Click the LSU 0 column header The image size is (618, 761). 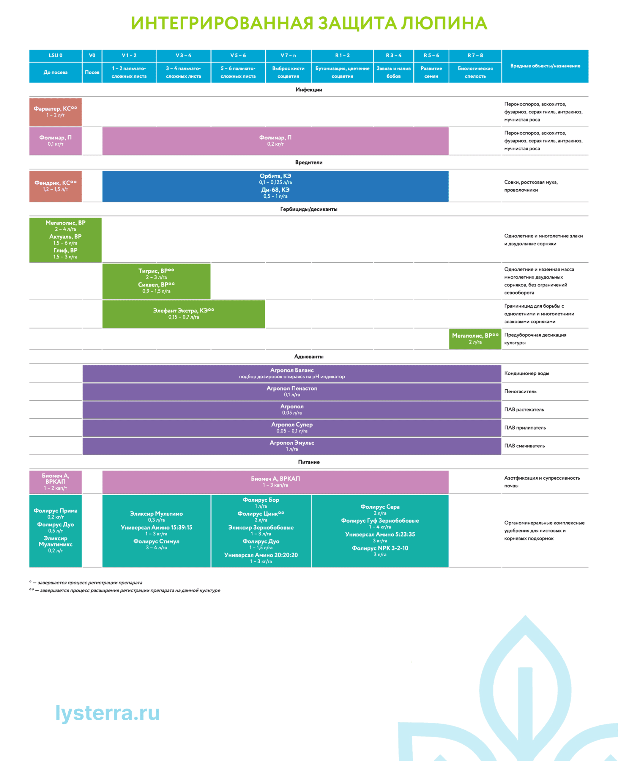tap(56, 56)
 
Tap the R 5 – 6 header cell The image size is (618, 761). tap(431, 56)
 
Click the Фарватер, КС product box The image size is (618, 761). tap(56, 112)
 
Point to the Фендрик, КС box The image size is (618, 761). tap(56, 186)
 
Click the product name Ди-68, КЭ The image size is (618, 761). tap(275, 190)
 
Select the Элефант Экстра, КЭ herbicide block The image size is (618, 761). tap(183, 314)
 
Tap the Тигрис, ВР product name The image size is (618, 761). tap(156, 271)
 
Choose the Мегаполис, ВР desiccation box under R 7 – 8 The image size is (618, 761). tap(475, 339)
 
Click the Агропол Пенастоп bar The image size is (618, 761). tap(291, 391)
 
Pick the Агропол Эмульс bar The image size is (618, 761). tap(291, 446)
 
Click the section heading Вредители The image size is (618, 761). tap(309, 162)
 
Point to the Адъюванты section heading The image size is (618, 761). tap(309, 356)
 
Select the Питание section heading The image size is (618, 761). tap(309, 462)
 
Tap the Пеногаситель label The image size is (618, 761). tap(520, 391)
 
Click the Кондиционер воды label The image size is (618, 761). tap(526, 373)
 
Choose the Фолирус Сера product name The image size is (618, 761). tap(380, 507)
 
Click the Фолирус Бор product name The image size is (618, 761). tap(261, 500)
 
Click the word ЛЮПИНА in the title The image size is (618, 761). tap(444, 23)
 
